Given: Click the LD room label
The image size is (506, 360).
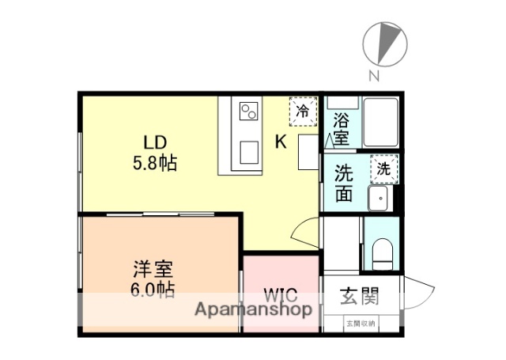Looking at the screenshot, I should coord(154,142).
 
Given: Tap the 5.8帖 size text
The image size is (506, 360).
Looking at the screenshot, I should coord(154,164).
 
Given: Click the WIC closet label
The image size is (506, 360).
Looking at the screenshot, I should coord(281,297).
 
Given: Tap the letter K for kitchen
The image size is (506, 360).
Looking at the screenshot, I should coord(281,142).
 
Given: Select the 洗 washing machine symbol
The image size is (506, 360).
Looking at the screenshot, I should coord(383,168).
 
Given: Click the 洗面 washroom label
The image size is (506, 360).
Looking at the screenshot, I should coord(343,183).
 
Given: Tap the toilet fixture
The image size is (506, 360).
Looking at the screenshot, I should coord(382,251).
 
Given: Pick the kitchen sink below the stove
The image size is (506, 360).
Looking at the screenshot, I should coord(250,151).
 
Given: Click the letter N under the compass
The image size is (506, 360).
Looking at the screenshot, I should coord(374,77).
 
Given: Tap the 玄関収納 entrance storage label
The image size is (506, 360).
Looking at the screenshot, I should coord(361,323).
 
